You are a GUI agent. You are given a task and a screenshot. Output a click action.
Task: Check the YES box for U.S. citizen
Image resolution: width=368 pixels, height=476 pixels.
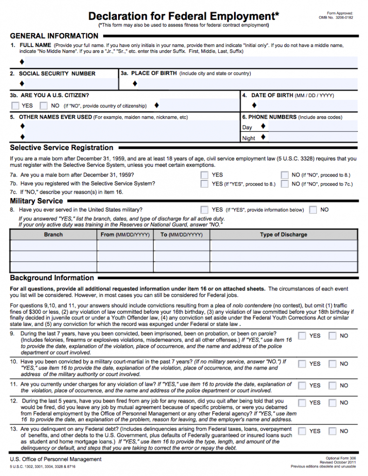coord(16,106)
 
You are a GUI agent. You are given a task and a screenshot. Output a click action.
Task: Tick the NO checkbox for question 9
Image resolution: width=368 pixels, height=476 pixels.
coord(333,336)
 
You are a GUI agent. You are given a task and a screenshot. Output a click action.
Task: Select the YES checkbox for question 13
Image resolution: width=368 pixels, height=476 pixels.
coord(302,431)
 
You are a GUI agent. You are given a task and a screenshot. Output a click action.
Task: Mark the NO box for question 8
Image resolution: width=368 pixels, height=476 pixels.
coord(313,210)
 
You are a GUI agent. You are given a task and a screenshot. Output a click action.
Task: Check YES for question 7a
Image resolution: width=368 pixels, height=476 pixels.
coord(204,175)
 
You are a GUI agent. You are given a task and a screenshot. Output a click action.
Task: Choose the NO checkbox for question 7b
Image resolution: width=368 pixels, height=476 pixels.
coord(285,184)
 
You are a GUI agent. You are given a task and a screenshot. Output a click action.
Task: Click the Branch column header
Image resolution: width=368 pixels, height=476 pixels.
coord(54,235)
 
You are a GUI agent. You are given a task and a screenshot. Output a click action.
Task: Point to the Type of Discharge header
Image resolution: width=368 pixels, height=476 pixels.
coord(283,235)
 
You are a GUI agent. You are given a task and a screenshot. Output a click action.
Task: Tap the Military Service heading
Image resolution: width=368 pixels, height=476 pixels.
coord(36,201)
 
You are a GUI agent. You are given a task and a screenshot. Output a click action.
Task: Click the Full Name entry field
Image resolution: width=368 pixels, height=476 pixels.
coord(186,61)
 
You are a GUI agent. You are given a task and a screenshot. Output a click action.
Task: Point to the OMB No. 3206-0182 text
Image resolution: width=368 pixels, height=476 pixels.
coord(335,18)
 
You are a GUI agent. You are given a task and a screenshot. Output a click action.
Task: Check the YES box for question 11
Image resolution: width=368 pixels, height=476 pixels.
coord(302,385)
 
